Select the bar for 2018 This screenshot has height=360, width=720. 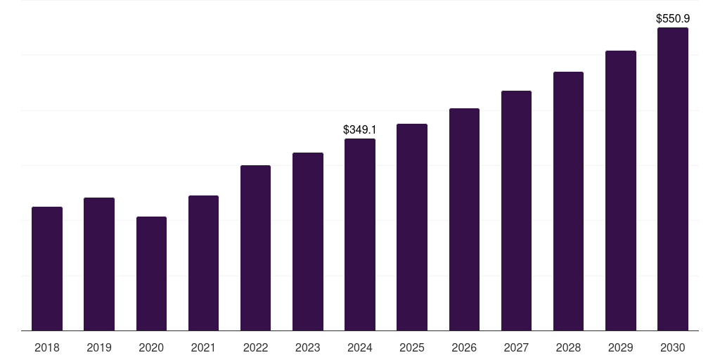pos(47,269)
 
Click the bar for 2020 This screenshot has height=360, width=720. pos(151,274)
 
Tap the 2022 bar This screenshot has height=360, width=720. pos(255,247)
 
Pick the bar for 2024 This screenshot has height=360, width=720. pos(360,234)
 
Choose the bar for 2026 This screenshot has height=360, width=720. pos(464,219)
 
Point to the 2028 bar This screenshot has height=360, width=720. pos(568,201)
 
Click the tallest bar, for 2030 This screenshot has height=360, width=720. pos(672,179)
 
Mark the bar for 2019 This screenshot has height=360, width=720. pos(99,264)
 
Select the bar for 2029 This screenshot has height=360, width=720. pos(620,191)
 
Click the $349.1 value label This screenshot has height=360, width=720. pos(360,130)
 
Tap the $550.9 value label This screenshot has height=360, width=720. pos(672,19)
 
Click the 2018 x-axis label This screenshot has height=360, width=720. pos(47,348)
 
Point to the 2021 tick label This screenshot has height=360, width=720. pos(203,348)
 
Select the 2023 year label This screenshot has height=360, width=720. pos(307,348)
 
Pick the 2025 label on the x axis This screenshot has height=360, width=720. pos(412,348)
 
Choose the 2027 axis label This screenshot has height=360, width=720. pos(516,348)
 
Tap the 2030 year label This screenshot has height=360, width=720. pos(672,348)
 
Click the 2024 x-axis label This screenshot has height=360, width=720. pos(360,348)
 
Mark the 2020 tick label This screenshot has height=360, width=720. pos(151,348)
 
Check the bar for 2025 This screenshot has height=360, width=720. pos(412,227)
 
